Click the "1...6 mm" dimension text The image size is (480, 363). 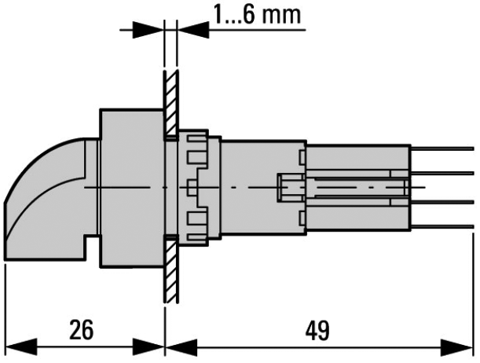coord(257,15)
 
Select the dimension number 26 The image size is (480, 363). coord(80,329)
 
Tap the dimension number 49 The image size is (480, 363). coord(318,329)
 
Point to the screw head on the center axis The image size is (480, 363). coord(288,188)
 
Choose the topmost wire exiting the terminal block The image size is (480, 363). coord(444,148)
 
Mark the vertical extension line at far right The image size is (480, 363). coord(475,299)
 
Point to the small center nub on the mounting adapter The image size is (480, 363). coord(191,187)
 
